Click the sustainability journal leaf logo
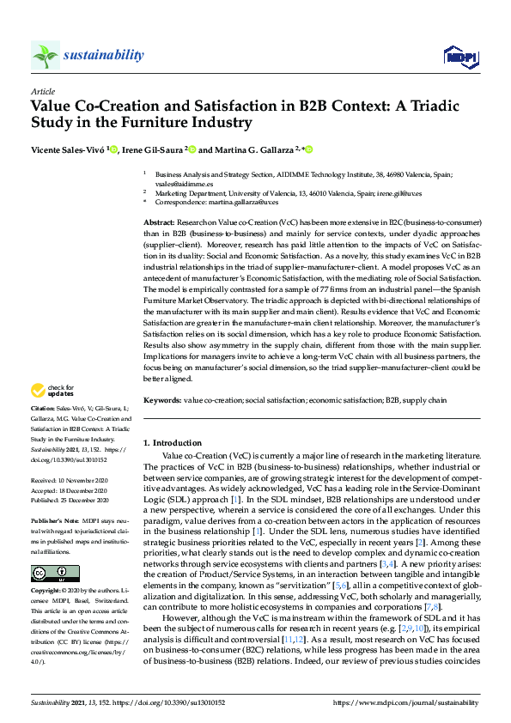(x=46, y=55)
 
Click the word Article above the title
(x=42, y=90)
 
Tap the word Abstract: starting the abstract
(x=159, y=222)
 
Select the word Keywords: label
(x=162, y=400)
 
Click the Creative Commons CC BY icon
(x=56, y=574)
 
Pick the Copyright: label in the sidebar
(x=46, y=592)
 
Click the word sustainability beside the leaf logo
(x=104, y=55)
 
